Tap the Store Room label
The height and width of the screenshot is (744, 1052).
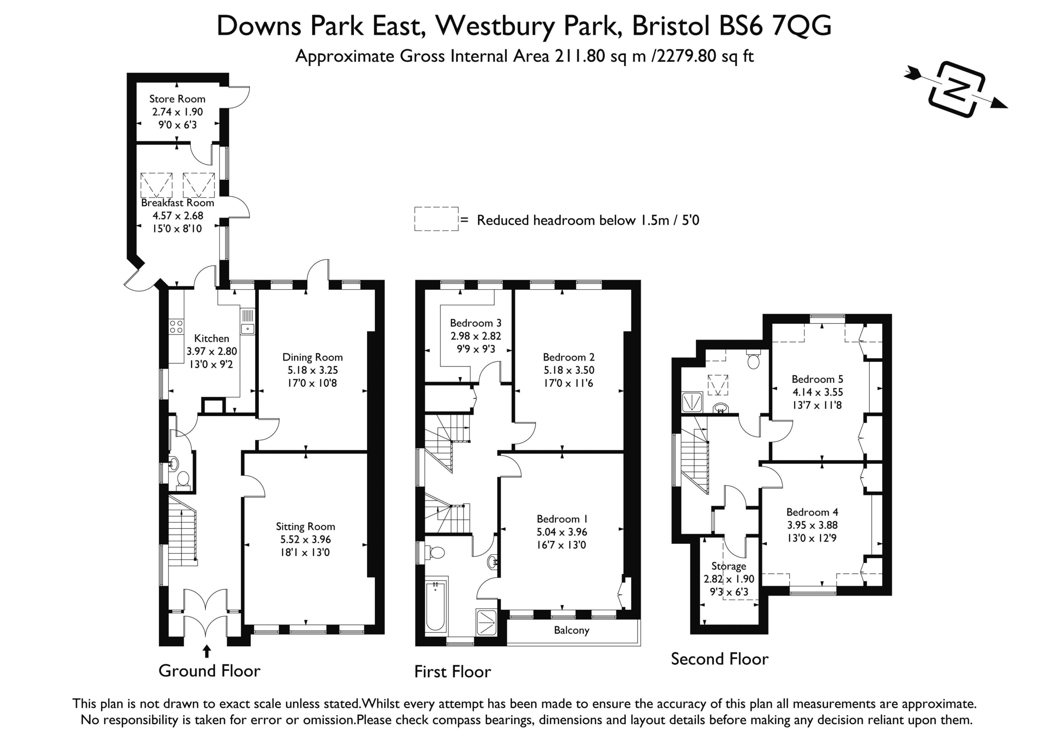pos(177,99)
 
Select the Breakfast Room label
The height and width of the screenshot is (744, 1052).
pos(177,203)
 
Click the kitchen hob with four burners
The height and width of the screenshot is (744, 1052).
pos(176,327)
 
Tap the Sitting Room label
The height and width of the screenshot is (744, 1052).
pos(305,526)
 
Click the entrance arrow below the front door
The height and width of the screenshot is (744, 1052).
pos(207,652)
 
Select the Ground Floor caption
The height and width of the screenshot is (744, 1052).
pos(210,671)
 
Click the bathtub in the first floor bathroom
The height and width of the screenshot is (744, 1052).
pos(435,606)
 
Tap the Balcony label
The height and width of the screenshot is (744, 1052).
pos(571,630)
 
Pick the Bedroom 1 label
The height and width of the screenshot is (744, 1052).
pos(562,518)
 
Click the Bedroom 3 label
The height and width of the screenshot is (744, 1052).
pos(475,323)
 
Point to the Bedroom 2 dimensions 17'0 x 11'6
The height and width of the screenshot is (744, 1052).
pos(569,383)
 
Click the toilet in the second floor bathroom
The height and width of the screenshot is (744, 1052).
pos(753,359)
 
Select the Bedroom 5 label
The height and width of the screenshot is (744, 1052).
pos(817,379)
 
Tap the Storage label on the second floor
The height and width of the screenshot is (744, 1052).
pos(729,566)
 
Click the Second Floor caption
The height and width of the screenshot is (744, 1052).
pos(720,659)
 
